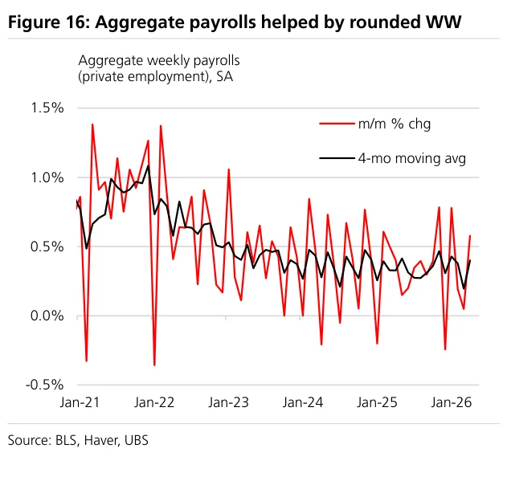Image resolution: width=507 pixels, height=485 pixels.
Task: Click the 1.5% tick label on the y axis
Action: (47, 108)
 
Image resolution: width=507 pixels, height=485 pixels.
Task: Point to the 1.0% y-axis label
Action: (47, 177)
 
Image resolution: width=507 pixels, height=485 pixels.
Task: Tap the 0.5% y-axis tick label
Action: (47, 247)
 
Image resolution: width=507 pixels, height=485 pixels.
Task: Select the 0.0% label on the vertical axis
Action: (47, 316)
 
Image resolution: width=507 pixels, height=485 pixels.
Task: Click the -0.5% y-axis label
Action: (45, 385)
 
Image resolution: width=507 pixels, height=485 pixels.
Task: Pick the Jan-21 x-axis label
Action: (80, 402)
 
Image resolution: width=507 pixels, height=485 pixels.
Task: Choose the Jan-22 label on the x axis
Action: (154, 402)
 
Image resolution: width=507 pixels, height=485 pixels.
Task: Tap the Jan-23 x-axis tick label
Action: (229, 402)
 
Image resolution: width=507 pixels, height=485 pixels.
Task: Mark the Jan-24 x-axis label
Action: (303, 402)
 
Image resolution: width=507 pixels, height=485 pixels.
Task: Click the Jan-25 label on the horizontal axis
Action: (377, 402)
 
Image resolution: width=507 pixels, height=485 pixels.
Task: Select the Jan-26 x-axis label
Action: (452, 402)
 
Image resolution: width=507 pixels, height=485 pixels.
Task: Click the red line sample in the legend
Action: (337, 124)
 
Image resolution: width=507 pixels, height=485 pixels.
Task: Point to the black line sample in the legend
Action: (337, 158)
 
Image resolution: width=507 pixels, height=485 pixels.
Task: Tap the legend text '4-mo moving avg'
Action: (412, 159)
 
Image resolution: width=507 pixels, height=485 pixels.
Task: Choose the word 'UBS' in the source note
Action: (137, 440)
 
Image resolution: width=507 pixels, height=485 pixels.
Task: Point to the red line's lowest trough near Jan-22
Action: (154, 365)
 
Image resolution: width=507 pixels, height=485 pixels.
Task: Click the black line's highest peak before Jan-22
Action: (149, 165)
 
